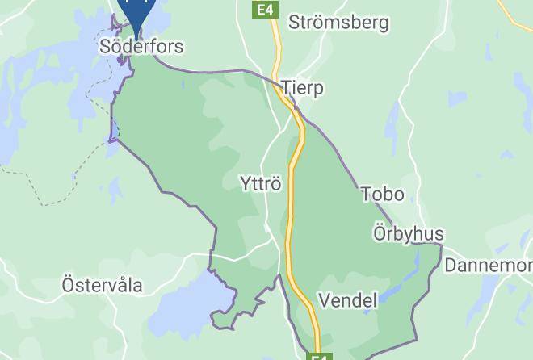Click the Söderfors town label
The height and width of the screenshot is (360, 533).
point(141,47)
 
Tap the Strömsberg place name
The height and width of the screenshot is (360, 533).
point(338,22)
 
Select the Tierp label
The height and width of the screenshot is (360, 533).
point(303,88)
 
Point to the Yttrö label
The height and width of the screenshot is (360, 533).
point(261,184)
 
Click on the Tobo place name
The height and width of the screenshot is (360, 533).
point(382,195)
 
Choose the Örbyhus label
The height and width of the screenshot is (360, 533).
point(408,234)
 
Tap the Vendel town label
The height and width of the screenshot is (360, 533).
point(348,301)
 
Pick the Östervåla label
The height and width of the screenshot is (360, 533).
point(102,285)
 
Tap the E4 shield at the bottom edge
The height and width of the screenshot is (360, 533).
point(321,356)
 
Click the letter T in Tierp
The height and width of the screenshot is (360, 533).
point(287,88)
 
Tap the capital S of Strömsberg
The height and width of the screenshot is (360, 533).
point(295,22)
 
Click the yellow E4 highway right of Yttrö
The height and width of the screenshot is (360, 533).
point(296,184)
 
